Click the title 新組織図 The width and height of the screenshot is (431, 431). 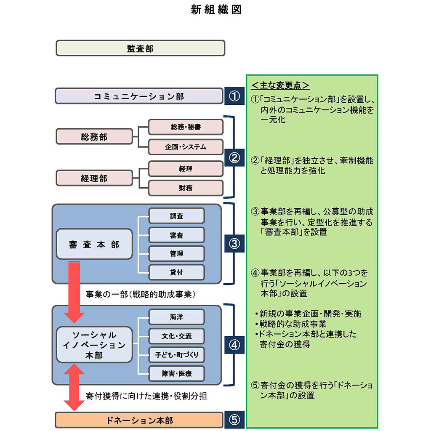[216, 11]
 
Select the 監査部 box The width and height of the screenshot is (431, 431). [140, 48]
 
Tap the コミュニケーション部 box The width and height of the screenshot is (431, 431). [138, 96]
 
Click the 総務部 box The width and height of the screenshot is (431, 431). [94, 137]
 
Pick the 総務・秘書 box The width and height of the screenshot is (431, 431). [186, 127]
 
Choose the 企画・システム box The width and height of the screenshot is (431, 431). [186, 147]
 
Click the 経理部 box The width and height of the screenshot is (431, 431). [94, 178]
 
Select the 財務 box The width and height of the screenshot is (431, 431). [186, 188]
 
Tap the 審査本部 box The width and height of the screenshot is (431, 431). [94, 245]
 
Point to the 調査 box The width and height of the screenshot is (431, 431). [176, 216]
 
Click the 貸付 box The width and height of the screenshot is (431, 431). [176, 272]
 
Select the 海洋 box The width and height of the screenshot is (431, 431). [176, 317]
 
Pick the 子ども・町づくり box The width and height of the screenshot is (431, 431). [176, 355]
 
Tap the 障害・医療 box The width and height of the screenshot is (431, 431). [176, 373]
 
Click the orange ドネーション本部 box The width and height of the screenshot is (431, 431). [138, 420]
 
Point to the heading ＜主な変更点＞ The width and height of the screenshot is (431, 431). [280, 85]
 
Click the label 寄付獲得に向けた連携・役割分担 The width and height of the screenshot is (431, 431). [146, 396]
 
